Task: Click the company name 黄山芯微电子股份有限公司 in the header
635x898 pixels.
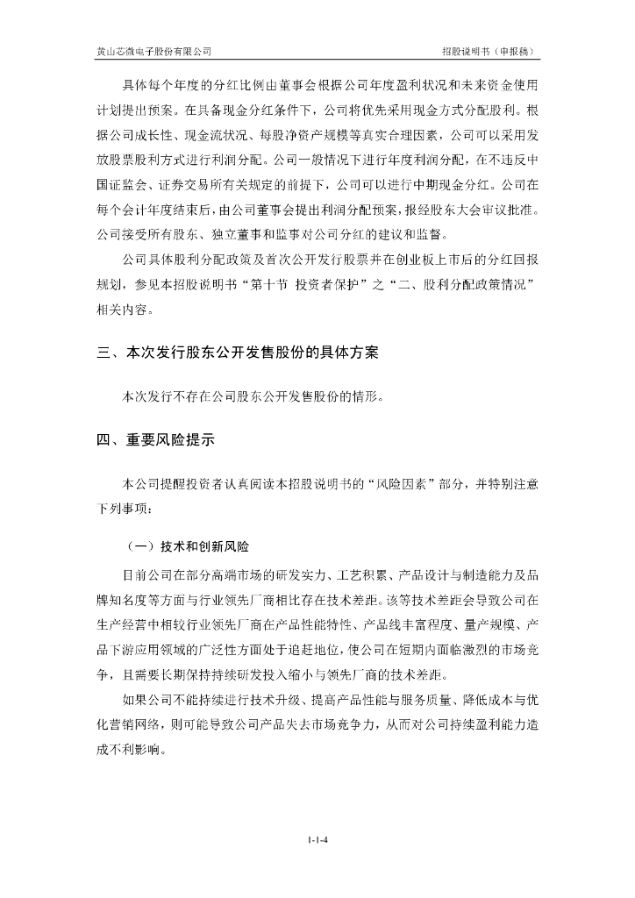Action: point(153,52)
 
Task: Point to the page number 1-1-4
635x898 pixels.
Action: point(317,839)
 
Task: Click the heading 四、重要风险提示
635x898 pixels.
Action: point(155,440)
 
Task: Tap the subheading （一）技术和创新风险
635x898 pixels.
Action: point(187,546)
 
